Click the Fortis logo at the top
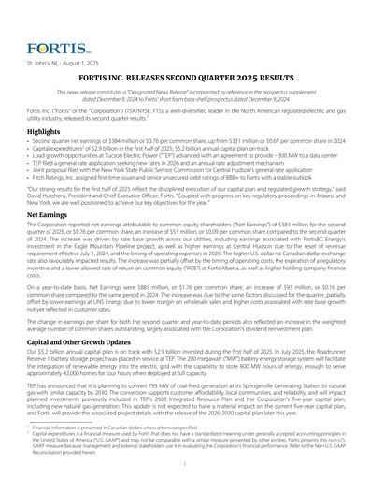(45, 46)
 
